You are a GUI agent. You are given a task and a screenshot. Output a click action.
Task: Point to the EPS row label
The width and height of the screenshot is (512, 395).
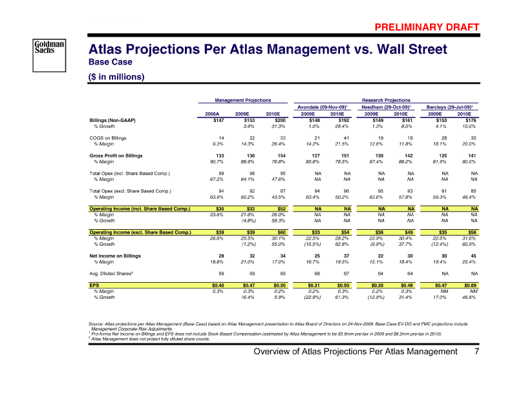click(94, 284)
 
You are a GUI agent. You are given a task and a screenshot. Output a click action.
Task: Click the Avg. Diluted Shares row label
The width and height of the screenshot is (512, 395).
click(111, 273)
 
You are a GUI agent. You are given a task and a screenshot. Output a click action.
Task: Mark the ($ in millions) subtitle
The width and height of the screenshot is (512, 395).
click(116, 76)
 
